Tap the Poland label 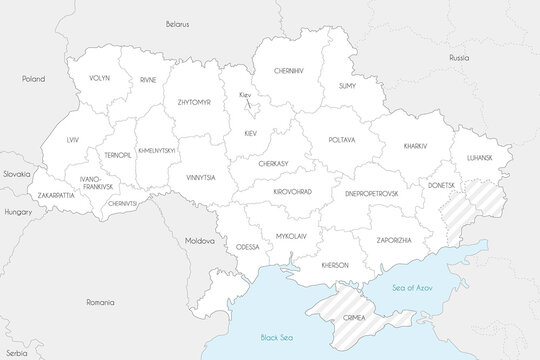pyautogui.click(x=35, y=77)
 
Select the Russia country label pyautogui.click(x=459, y=58)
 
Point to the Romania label pyautogui.click(x=100, y=301)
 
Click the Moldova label pyautogui.click(x=200, y=241)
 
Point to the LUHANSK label pyautogui.click(x=481, y=157)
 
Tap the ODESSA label pyautogui.click(x=247, y=246)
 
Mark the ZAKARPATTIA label pyautogui.click(x=50, y=195)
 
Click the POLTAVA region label pyautogui.click(x=341, y=140)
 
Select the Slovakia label pyautogui.click(x=15, y=173)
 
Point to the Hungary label pyautogui.click(x=19, y=212)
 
